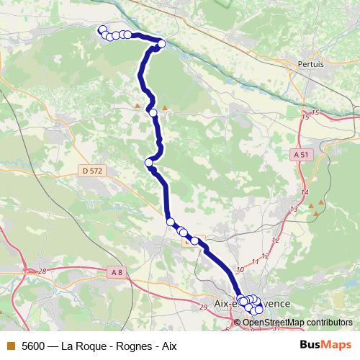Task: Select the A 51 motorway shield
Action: coord(302,154)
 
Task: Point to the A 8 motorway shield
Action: coord(117,271)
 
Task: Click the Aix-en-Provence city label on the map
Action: coord(253,304)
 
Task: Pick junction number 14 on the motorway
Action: coord(305,193)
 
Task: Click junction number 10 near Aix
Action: coord(240,269)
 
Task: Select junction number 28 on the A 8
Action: coord(42,271)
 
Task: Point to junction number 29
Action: coord(202,307)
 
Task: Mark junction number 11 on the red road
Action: coord(254,261)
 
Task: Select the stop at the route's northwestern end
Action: coord(102,30)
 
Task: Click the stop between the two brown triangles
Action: coord(153,112)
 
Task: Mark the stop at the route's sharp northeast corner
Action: coord(161,44)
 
